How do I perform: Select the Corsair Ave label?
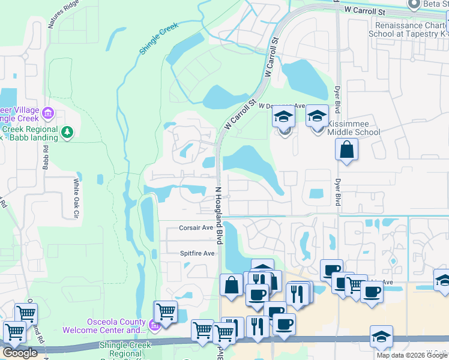[x=196, y=228]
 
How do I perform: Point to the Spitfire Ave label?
[x=197, y=254]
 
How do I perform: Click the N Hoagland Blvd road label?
[x=219, y=214]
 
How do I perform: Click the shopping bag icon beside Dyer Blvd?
[x=347, y=149]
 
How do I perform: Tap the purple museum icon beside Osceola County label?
[x=154, y=326]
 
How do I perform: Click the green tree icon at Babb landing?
[x=68, y=131]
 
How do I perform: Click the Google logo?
[x=19, y=353]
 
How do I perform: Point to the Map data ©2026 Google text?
[x=412, y=355]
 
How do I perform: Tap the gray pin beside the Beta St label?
[x=413, y=5]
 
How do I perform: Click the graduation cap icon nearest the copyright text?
[x=381, y=337]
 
